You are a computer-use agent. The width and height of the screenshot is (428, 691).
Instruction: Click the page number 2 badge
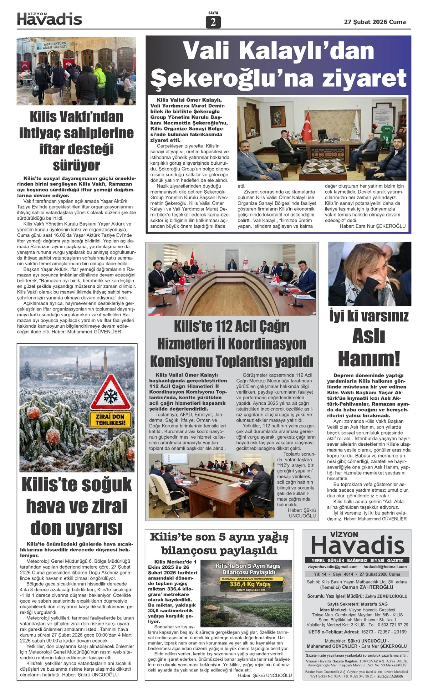tap(213, 22)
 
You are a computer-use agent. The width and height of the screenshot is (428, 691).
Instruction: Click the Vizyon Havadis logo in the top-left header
tap(50, 19)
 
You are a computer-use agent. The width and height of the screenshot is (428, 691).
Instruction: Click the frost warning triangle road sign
tap(110, 392)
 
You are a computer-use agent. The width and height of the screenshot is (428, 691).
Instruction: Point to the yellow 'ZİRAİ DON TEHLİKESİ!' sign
tap(110, 420)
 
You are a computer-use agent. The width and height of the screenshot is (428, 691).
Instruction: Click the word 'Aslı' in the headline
tap(368, 336)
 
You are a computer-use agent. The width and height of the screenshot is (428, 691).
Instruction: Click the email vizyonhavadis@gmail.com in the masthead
tap(332, 567)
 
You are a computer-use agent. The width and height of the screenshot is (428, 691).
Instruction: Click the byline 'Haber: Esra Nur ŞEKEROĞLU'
tap(372, 226)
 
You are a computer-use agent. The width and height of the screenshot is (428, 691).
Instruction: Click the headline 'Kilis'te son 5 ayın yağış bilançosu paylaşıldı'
tap(219, 543)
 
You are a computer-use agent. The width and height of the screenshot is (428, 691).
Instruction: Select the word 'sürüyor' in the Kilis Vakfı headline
tap(76, 165)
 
